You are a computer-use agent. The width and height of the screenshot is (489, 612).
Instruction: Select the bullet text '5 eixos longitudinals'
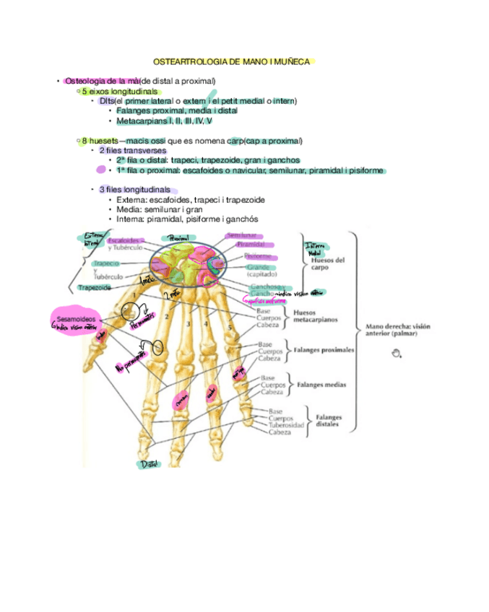(x=119, y=92)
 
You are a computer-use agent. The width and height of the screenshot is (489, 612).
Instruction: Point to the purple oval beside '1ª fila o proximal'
(x=100, y=170)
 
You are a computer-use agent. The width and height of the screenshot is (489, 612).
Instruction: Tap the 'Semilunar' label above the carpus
(x=242, y=235)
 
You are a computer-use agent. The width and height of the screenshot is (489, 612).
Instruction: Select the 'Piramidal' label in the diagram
(x=250, y=245)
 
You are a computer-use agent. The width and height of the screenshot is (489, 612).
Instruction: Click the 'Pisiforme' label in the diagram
(x=258, y=255)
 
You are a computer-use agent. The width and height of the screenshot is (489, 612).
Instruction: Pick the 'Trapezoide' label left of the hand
(x=95, y=287)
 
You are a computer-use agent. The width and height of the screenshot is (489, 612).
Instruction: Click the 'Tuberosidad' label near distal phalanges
(x=284, y=425)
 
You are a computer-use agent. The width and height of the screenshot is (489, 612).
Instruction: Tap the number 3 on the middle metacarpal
(x=188, y=324)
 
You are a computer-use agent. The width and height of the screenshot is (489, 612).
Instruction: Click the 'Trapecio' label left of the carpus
(x=105, y=263)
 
